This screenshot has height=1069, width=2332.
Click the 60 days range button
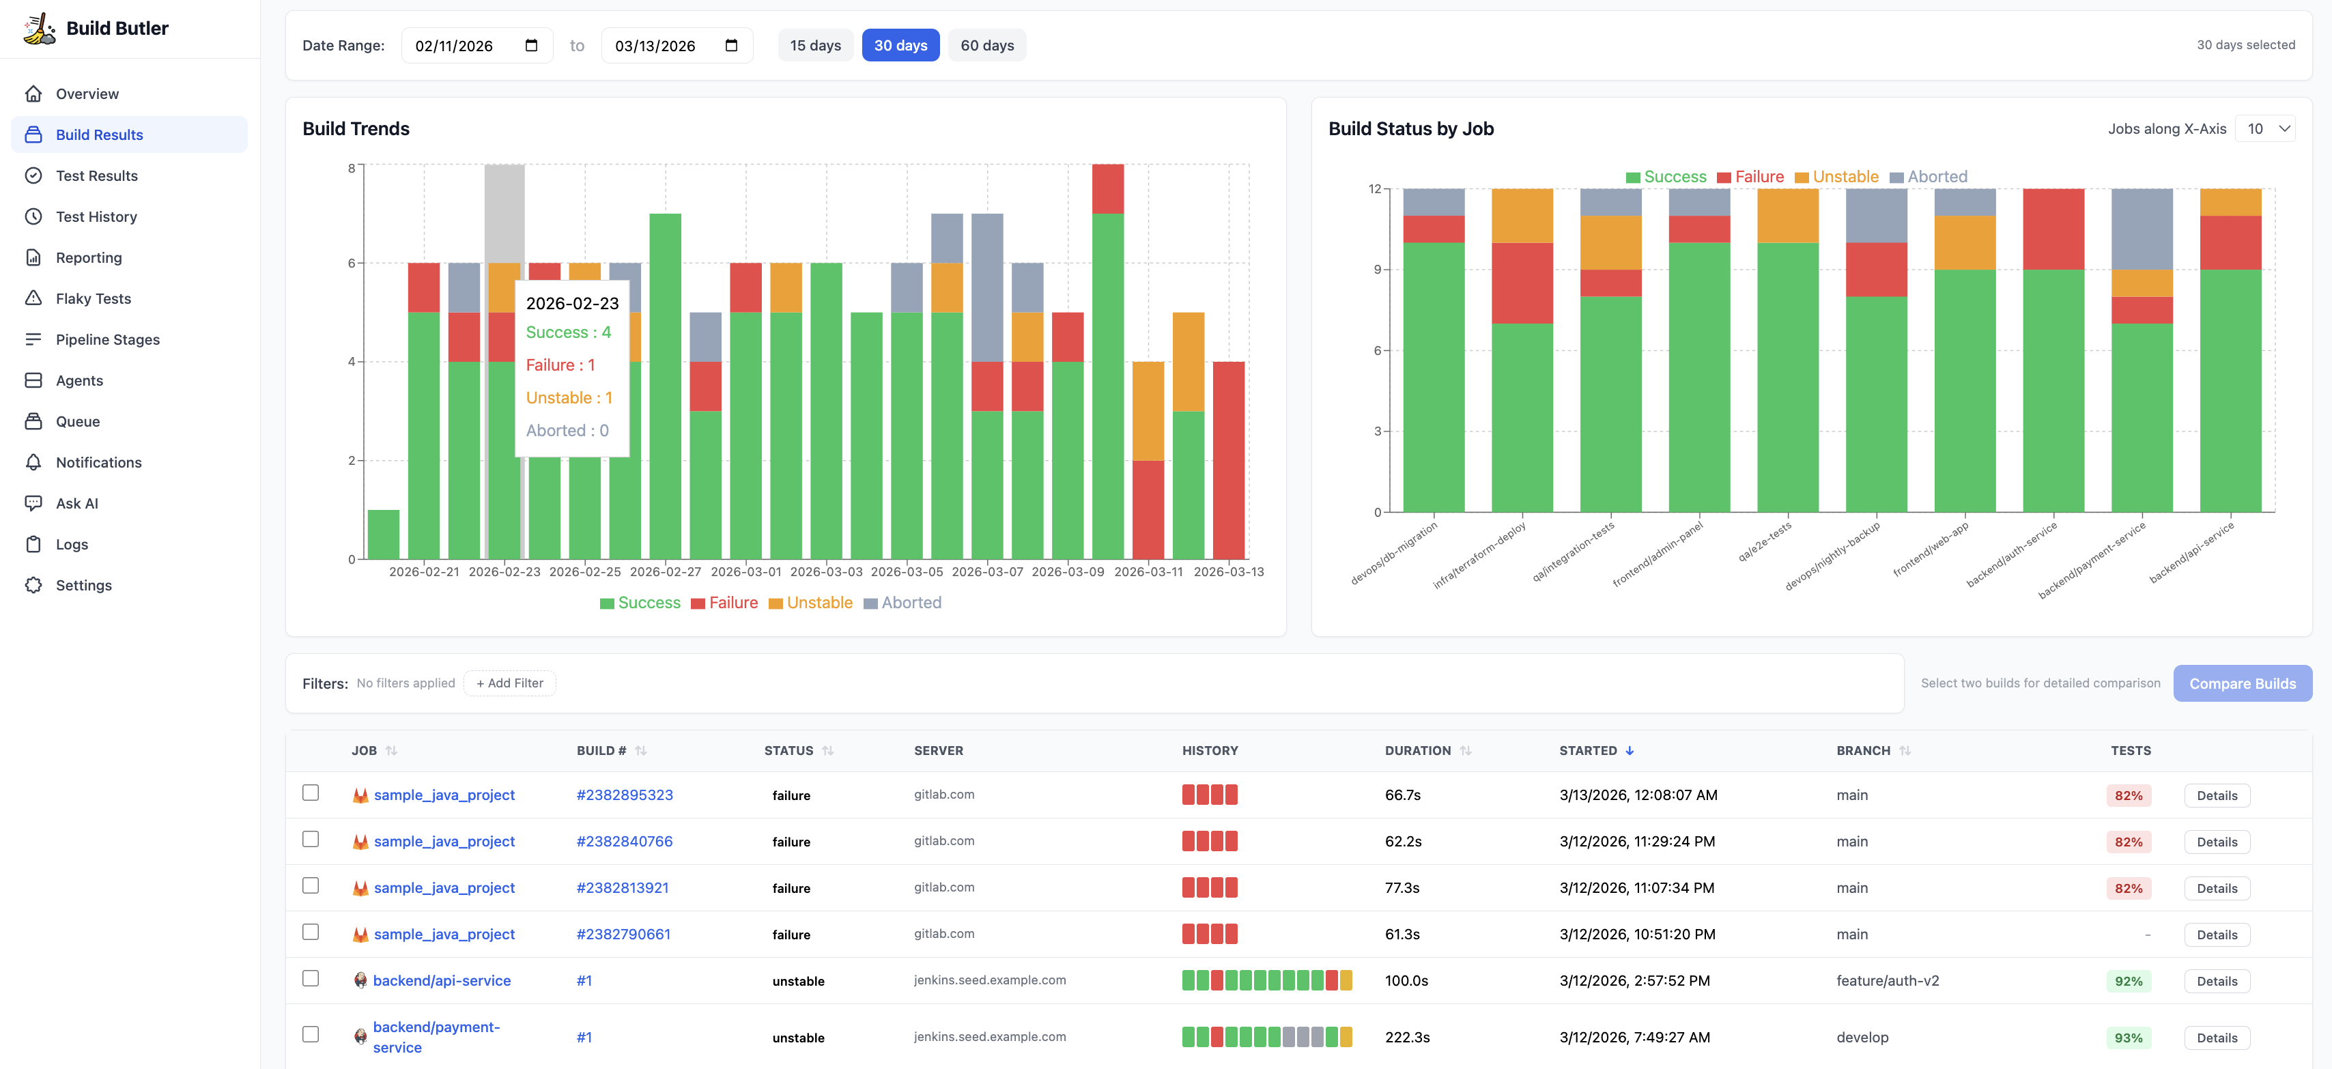[x=986, y=45]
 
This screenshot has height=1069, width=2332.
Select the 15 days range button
[x=814, y=45]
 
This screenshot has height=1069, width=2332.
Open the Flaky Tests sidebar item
[x=94, y=299]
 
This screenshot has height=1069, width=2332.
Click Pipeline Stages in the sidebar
[x=108, y=339]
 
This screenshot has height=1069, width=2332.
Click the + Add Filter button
[x=510, y=683]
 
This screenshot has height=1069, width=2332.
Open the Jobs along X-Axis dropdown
[x=2265, y=128]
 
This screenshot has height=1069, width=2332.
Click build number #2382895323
[x=625, y=795]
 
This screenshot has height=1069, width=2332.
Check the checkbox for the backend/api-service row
[x=311, y=978]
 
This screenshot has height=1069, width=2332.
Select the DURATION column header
[x=1418, y=750]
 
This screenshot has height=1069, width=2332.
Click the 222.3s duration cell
[x=1407, y=1038]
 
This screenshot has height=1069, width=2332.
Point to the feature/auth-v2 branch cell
[x=1888, y=980]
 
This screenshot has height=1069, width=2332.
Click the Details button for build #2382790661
[x=2216, y=935]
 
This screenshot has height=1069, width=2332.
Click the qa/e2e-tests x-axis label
[x=1765, y=541]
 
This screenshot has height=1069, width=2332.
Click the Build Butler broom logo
[x=39, y=28]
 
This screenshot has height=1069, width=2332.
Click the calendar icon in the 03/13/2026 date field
[x=731, y=45]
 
